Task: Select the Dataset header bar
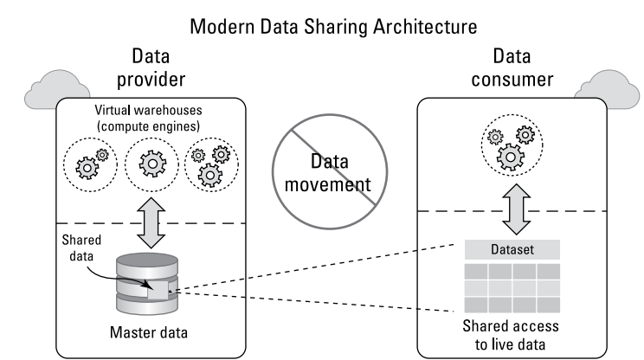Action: [x=512, y=248]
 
